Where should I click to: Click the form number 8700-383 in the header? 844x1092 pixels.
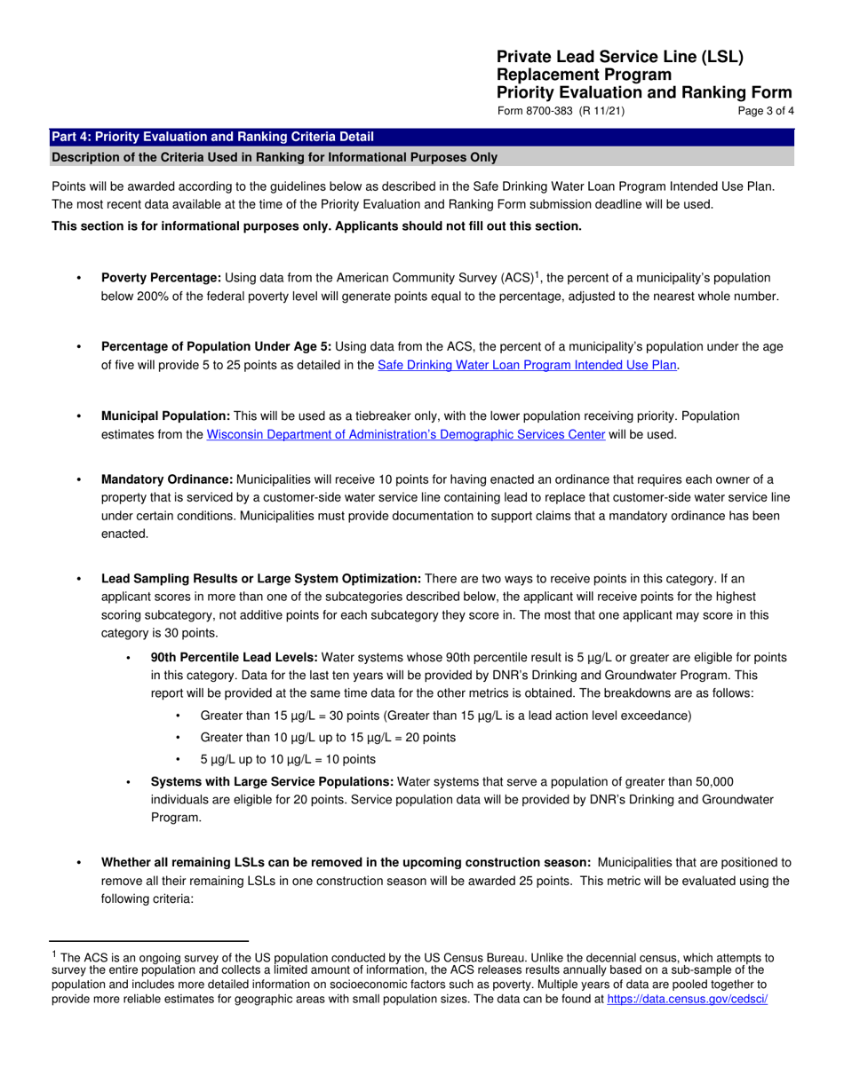click(x=550, y=111)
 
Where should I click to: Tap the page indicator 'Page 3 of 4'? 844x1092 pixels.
click(x=766, y=111)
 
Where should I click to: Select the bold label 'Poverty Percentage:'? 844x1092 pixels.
click(x=161, y=278)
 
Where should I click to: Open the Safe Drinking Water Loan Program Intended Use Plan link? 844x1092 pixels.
click(x=528, y=364)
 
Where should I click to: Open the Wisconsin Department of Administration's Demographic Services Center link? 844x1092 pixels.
click(x=406, y=434)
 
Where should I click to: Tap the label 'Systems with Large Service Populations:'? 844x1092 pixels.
click(x=272, y=781)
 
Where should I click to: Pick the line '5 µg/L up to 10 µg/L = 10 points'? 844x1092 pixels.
click(x=288, y=759)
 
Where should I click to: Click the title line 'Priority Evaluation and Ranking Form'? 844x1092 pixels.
click(x=644, y=92)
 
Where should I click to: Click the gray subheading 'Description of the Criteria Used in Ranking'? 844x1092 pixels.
click(x=275, y=157)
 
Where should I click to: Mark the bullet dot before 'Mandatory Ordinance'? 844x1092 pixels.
click(x=80, y=480)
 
